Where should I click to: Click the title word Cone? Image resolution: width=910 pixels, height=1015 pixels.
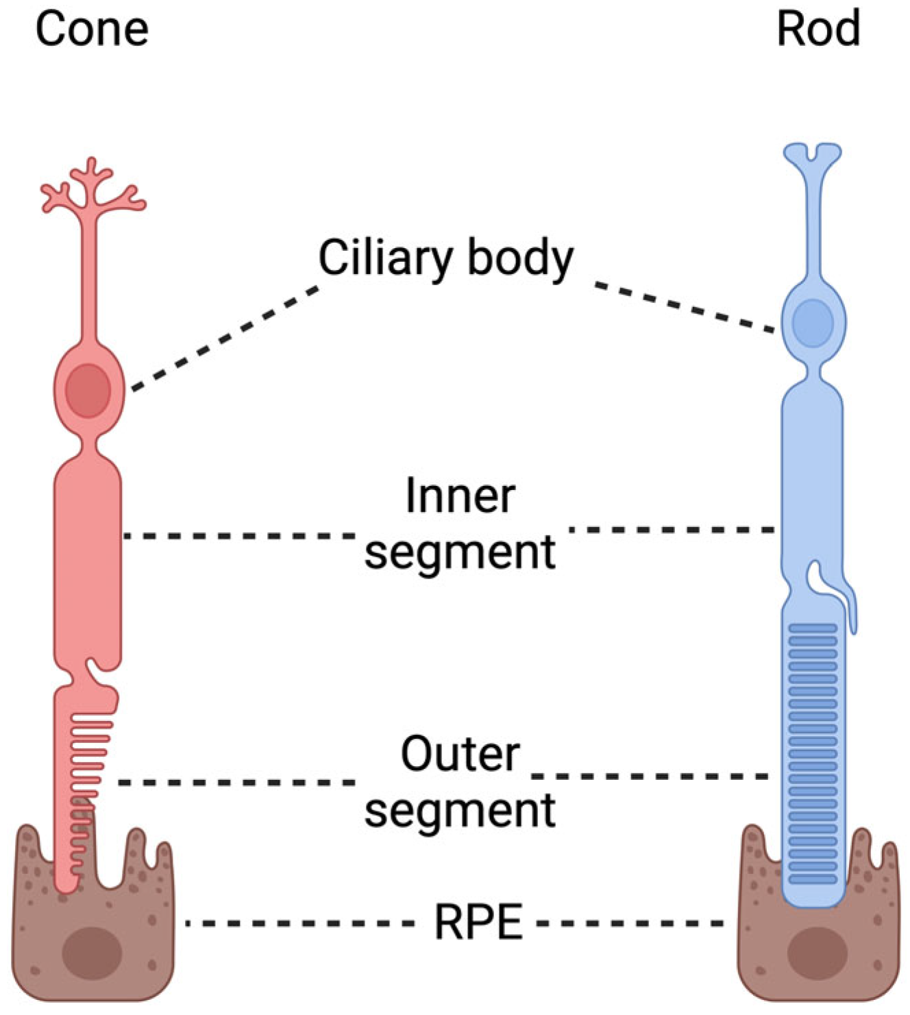[x=92, y=30]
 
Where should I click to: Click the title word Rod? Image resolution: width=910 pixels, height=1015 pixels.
[x=818, y=30]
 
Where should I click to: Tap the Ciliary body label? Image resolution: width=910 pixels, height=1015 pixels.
[x=446, y=258]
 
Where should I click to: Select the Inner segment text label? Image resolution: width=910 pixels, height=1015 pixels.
[x=460, y=524]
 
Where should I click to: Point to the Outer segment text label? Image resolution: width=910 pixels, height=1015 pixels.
[x=460, y=782]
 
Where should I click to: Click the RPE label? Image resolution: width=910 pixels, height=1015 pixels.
[x=479, y=922]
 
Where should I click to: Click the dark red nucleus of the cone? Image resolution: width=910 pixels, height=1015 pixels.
[x=88, y=391]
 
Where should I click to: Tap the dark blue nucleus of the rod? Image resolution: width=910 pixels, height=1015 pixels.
[x=813, y=322]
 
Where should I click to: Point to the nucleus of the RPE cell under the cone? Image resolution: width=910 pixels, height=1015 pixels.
[x=92, y=952]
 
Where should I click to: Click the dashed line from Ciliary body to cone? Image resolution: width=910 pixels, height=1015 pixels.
[x=225, y=339]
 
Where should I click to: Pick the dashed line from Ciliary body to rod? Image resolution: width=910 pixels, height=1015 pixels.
[x=684, y=308]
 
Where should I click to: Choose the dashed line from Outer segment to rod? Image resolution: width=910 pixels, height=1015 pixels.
[x=651, y=776]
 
